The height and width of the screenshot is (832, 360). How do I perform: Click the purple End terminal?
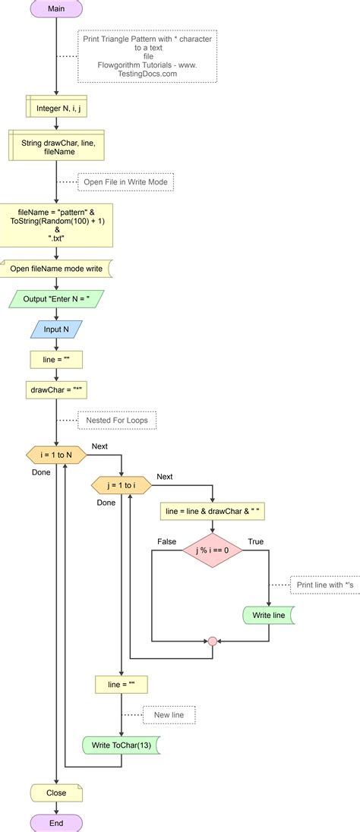point(56,822)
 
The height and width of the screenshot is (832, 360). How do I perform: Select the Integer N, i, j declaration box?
point(56,109)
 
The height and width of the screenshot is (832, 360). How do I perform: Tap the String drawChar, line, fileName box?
point(56,147)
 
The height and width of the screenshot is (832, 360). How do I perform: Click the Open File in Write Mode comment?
point(126,182)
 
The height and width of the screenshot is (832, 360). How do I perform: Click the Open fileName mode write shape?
point(56,268)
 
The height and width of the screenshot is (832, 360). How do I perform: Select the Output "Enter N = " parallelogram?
point(56,298)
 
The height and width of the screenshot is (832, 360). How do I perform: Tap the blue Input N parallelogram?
point(56,329)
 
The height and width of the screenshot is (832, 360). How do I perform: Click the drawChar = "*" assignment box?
point(56,389)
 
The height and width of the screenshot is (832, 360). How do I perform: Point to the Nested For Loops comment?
point(117,419)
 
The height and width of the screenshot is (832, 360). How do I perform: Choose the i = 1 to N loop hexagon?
point(56,455)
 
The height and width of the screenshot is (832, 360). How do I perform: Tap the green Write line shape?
point(269,615)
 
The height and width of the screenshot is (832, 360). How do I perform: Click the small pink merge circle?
point(213,641)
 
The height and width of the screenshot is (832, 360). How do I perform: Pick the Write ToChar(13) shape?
point(122,745)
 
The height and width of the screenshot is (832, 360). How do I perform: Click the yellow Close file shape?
point(56,793)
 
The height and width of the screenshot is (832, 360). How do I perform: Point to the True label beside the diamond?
point(255,540)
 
